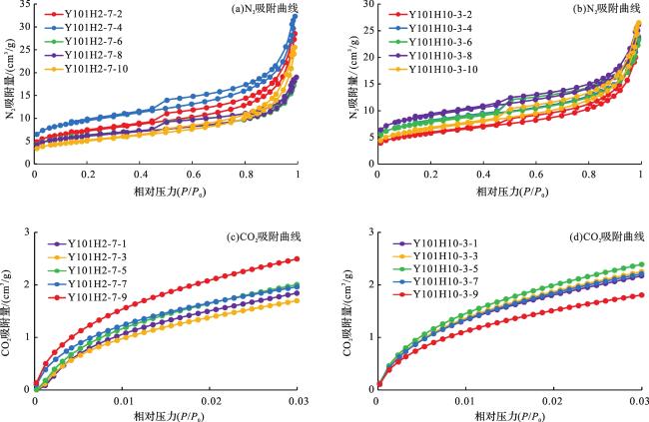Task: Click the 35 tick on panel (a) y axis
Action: click(24, 5)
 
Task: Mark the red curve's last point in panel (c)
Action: click(298, 259)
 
